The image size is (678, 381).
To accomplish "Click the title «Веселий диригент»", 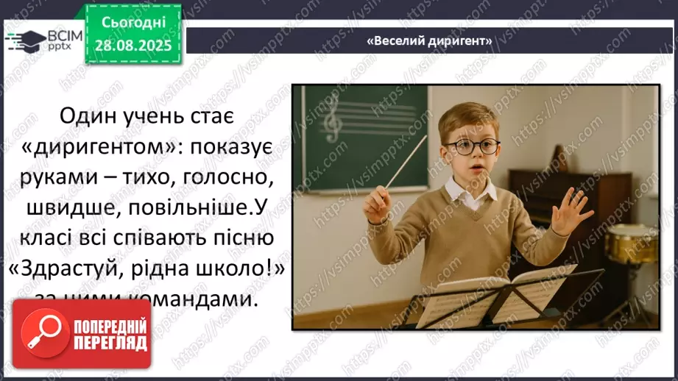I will [x=429, y=41].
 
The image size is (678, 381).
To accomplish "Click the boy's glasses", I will [x=471, y=146].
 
